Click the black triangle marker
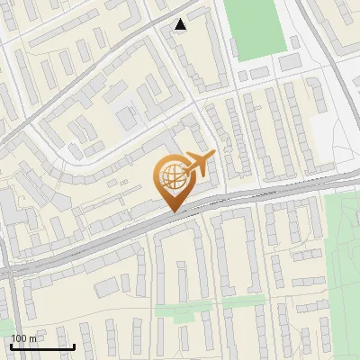[181, 25]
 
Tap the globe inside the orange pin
[172, 177]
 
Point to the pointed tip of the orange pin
[173, 211]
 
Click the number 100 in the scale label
[19, 338]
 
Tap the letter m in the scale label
[33, 338]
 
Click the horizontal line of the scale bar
[42, 346]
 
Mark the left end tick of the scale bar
[12, 345]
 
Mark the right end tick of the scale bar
[74, 345]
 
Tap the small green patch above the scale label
[4, 323]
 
